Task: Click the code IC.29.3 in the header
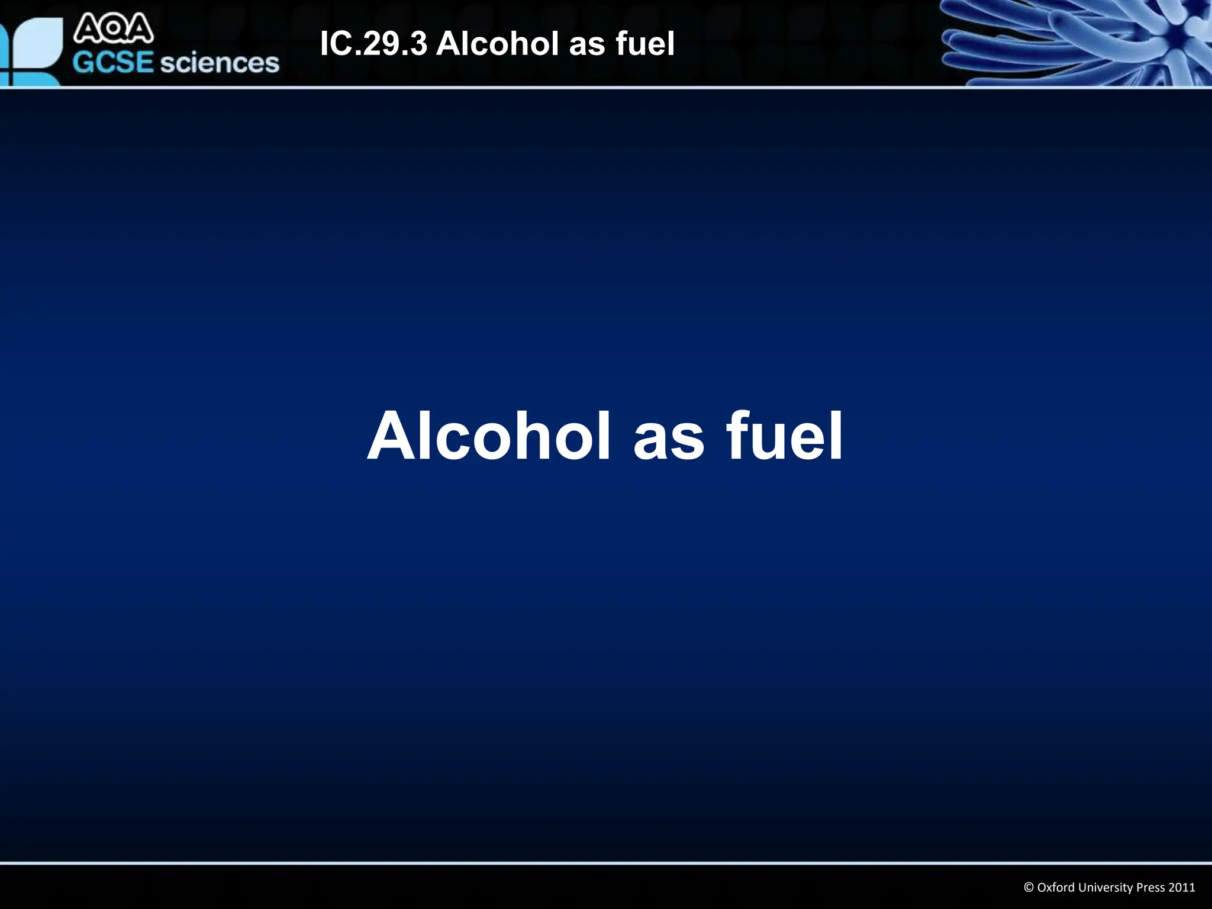(x=373, y=44)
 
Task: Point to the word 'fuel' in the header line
(x=645, y=44)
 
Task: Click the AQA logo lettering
(x=113, y=30)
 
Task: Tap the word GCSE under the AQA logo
(x=113, y=63)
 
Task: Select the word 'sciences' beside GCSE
(x=220, y=63)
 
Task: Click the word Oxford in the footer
(x=1056, y=887)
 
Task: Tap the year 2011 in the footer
(x=1181, y=887)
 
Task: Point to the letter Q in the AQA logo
(x=113, y=30)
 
